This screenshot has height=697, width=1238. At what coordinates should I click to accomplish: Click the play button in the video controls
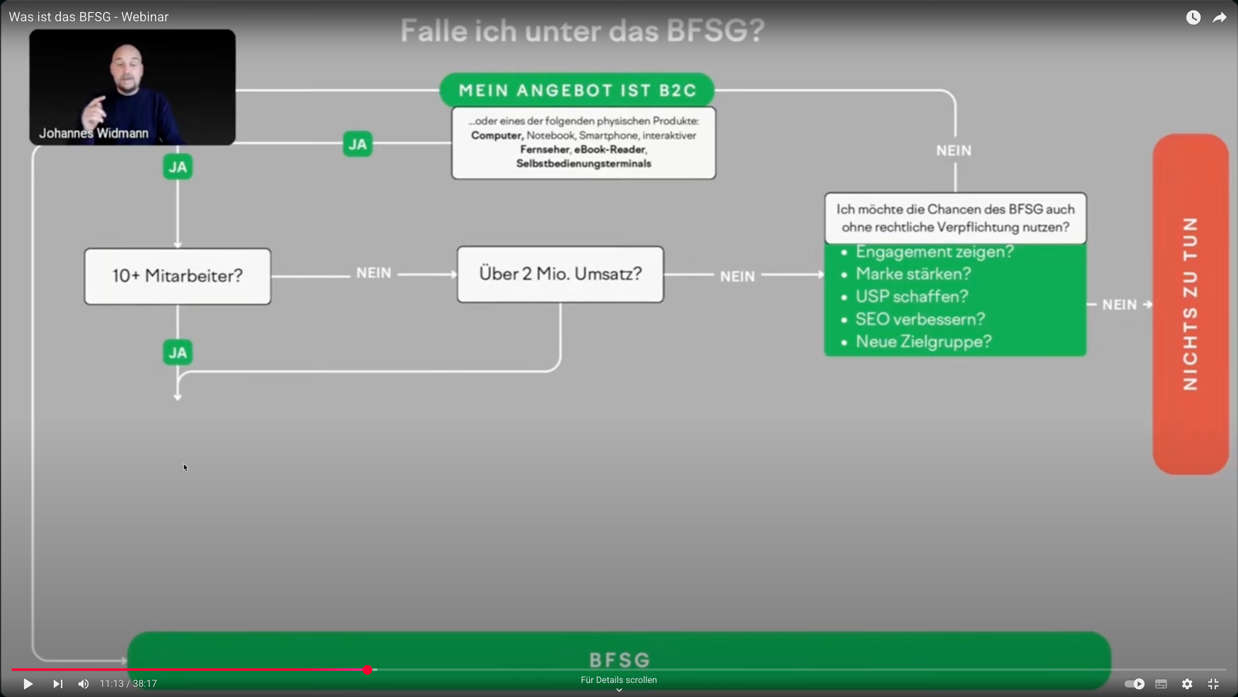click(x=28, y=683)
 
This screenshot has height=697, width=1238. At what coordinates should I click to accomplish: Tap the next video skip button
click(x=58, y=683)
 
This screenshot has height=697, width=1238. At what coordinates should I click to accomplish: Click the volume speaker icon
click(x=83, y=683)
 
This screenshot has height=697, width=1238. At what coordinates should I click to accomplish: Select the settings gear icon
click(x=1187, y=683)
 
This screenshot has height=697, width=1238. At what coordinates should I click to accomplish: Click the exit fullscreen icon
click(x=1213, y=683)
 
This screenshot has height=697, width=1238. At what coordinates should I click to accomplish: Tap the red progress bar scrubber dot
click(x=368, y=670)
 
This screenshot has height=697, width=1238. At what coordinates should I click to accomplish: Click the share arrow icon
click(x=1220, y=18)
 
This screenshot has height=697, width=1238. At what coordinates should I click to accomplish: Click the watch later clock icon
click(x=1193, y=18)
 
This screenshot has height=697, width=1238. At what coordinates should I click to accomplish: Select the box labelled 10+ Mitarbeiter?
click(x=177, y=276)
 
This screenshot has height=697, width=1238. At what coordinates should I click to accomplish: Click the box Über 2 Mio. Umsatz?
click(x=560, y=274)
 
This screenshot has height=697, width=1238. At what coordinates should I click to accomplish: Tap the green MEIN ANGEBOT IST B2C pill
click(x=577, y=90)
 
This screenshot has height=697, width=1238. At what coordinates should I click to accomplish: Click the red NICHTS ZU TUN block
click(x=1190, y=304)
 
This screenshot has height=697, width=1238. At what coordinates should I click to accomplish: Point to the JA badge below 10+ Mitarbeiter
click(x=177, y=352)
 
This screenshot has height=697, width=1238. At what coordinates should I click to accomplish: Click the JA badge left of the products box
click(x=357, y=144)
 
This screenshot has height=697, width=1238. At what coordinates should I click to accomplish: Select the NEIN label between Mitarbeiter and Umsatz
click(x=373, y=273)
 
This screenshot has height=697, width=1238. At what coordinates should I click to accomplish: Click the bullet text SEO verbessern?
click(x=920, y=319)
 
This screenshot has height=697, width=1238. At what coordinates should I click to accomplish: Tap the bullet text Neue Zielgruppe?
click(x=923, y=342)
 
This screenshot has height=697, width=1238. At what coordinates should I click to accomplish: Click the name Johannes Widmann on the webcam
click(x=94, y=133)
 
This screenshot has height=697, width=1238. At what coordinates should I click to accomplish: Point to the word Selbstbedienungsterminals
click(x=583, y=164)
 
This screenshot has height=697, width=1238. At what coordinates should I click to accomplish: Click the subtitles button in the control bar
click(x=1161, y=683)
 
